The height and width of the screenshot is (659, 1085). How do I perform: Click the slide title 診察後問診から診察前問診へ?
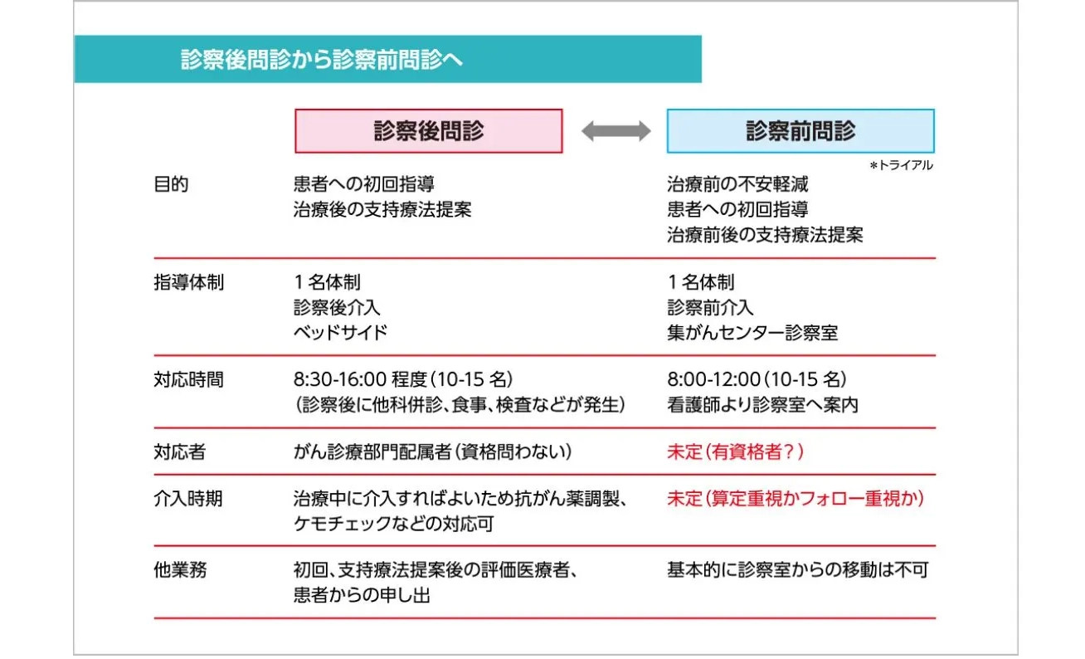(x=322, y=60)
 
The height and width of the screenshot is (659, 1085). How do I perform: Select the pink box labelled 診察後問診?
(x=428, y=131)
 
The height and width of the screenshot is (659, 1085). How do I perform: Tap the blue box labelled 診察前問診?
(x=800, y=131)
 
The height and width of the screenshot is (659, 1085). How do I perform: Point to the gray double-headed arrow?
(x=615, y=131)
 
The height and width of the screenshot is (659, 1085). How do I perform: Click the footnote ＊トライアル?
(x=901, y=166)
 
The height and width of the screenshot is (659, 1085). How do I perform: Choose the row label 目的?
(x=172, y=184)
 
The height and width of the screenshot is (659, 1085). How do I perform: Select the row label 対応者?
(x=178, y=452)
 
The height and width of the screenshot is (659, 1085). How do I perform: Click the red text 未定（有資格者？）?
(x=736, y=452)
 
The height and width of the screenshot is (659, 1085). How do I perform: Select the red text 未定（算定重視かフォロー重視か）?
(x=796, y=499)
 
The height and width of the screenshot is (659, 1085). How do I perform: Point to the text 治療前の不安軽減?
(x=737, y=184)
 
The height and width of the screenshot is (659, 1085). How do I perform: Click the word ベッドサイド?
(x=340, y=333)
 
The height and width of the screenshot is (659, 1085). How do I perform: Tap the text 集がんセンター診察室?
(x=752, y=333)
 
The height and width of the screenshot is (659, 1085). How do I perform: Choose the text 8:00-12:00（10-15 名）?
(x=757, y=380)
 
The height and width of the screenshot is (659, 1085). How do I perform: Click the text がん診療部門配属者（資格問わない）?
(x=432, y=452)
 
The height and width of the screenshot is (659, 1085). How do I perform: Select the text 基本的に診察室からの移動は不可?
(x=797, y=570)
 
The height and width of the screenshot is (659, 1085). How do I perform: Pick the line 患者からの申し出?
(x=362, y=595)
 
